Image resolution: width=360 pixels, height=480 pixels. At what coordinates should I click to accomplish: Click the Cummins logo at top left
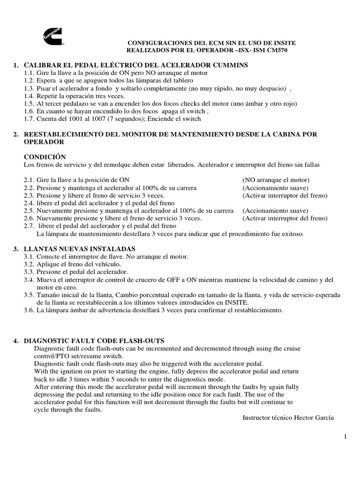pos(53,36)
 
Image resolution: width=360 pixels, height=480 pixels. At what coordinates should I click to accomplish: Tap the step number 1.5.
pos(30,104)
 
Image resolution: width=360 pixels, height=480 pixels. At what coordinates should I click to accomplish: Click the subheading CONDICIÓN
pos(45,157)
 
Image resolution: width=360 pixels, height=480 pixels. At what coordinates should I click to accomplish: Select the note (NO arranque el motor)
pos(276,180)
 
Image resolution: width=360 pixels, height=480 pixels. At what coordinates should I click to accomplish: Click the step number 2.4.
pos(30,203)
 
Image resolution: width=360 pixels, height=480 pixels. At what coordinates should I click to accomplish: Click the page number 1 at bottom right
pos(345,436)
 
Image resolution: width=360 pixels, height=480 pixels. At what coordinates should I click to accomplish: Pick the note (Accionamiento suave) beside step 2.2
pos(275,188)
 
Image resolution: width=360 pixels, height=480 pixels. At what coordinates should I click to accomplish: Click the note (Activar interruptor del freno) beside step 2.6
pos(285,218)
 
